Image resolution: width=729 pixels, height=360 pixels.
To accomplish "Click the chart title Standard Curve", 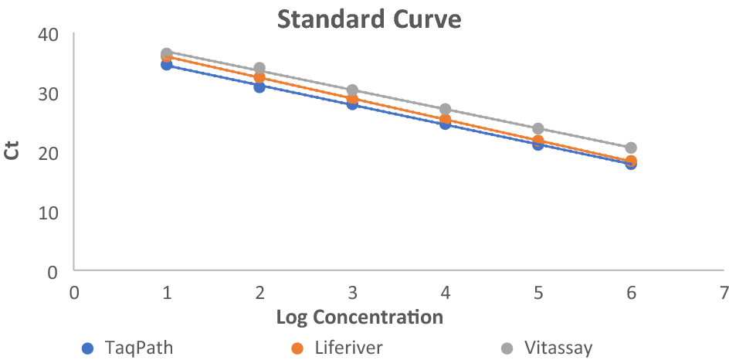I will (x=369, y=19).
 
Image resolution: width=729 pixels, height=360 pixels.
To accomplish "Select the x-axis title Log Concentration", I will (x=360, y=317).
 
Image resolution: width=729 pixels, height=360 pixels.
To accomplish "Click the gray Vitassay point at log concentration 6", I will (x=631, y=148).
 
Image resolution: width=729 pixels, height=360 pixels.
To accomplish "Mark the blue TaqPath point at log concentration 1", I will (x=166, y=64).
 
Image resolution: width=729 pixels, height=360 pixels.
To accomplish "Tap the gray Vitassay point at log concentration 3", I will (x=352, y=90).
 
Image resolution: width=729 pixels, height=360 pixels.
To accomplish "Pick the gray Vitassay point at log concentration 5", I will (x=538, y=128).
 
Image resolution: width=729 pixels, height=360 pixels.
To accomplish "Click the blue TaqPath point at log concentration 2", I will (x=259, y=87).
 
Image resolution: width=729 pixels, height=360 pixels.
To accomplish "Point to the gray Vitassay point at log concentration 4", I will (x=446, y=109).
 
